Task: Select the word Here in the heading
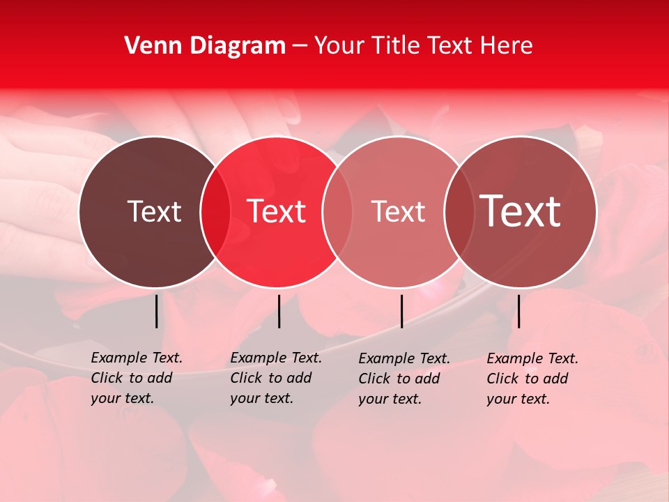[508, 46]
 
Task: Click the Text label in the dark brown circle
[154, 211]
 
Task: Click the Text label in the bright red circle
[277, 211]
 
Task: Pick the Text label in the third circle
[398, 211]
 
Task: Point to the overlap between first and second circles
[215, 211]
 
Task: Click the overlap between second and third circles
[337, 211]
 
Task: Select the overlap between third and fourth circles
[459, 211]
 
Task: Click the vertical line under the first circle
[157, 311]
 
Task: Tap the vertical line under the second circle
[279, 311]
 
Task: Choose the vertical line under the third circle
[402, 311]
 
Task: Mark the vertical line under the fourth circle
[518, 311]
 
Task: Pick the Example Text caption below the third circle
[404, 379]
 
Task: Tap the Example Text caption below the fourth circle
[532, 379]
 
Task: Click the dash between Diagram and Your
[300, 46]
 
